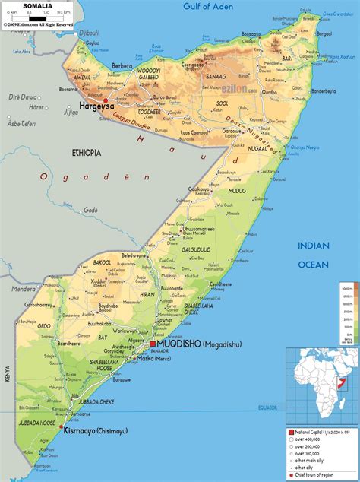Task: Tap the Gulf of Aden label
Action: [x=215, y=7]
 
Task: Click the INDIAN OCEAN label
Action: [x=313, y=255]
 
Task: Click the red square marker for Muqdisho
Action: [x=152, y=344]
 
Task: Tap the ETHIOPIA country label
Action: [x=87, y=153]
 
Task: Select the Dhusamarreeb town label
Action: [x=201, y=229]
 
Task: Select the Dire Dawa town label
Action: [x=24, y=97]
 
